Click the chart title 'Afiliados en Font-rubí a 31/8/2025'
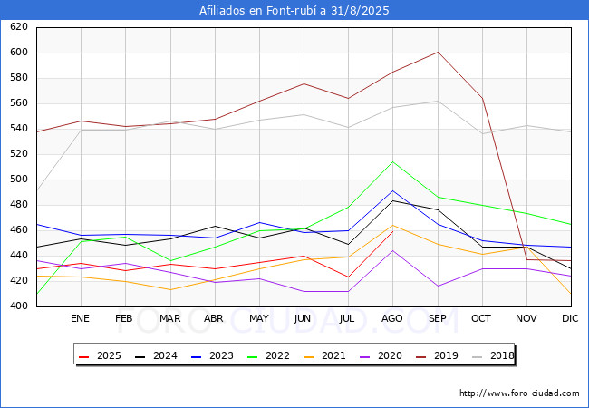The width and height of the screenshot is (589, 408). (x=294, y=11)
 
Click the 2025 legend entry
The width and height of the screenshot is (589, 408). (x=100, y=355)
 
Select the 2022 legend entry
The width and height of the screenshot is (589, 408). (x=268, y=355)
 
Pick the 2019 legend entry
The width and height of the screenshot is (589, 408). (x=438, y=355)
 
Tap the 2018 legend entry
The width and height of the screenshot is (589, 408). (x=493, y=355)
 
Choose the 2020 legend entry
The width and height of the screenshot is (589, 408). (x=381, y=355)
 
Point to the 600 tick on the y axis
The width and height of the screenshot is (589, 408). (x=19, y=53)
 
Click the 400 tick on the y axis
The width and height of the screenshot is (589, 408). (x=19, y=306)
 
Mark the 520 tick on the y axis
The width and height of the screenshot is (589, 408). (x=19, y=153)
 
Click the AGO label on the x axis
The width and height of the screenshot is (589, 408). (x=392, y=318)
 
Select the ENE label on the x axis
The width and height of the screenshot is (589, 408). (x=80, y=318)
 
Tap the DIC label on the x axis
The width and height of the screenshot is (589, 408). (x=570, y=318)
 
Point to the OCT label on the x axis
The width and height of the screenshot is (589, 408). (x=481, y=318)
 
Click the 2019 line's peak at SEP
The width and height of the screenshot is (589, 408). (x=438, y=53)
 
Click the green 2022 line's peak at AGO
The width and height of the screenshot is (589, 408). (x=393, y=162)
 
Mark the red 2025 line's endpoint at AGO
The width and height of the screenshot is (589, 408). (x=393, y=231)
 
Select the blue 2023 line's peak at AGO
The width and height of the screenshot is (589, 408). (x=393, y=190)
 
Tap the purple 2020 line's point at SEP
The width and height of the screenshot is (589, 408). (x=438, y=287)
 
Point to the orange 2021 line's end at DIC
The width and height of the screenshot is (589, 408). (x=571, y=294)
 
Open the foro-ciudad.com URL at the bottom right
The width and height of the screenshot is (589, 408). (x=519, y=393)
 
